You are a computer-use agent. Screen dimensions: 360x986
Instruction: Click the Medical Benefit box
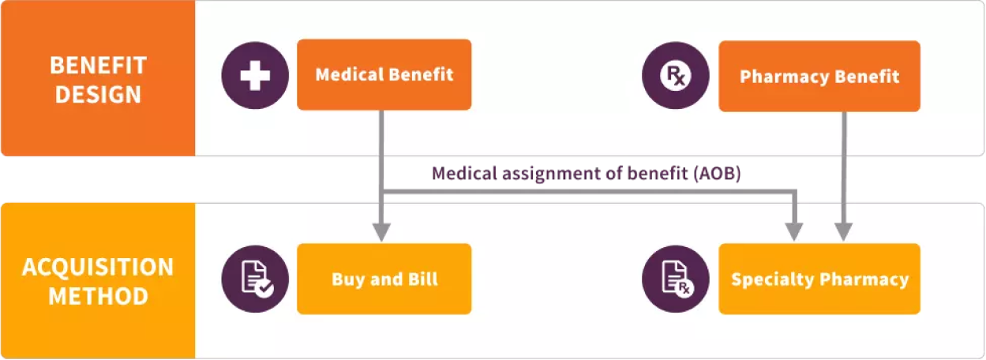click(384, 75)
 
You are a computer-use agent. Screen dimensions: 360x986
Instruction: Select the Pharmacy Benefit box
click(819, 77)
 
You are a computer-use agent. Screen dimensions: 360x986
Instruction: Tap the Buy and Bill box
click(384, 279)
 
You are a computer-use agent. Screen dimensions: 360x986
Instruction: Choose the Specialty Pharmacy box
click(819, 279)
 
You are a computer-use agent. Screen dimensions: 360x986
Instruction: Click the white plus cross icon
click(255, 75)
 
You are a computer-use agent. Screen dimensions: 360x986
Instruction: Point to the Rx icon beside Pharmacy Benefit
click(676, 76)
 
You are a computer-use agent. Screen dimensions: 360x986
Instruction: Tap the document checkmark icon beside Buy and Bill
click(255, 279)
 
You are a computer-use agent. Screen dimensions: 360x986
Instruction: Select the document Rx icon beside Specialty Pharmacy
click(676, 279)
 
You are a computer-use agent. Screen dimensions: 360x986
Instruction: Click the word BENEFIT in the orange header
click(97, 64)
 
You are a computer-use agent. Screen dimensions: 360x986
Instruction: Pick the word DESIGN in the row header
click(97, 95)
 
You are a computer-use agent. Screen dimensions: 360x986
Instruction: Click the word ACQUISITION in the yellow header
click(97, 267)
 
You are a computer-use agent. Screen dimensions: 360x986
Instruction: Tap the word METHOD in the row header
click(97, 297)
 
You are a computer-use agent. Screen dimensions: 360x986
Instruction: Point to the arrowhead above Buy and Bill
click(381, 232)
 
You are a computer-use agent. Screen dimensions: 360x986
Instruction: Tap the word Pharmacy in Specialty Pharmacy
click(864, 279)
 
